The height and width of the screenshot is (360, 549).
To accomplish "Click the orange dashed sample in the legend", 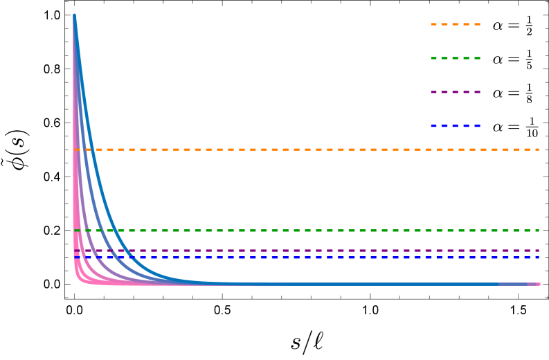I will pos(455,24).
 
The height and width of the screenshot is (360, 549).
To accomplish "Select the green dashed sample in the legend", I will pos(455,58).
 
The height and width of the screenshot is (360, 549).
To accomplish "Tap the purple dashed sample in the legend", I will pos(455,92).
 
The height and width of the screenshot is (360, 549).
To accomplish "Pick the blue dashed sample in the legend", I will pos(455,126).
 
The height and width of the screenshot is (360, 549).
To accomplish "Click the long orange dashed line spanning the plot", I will pos(312,150).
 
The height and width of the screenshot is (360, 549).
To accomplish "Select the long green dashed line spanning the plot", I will pos(312,231).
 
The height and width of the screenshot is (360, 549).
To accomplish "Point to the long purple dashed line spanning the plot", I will pos(312,251).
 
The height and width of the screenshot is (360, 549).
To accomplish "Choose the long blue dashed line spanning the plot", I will pos(312,258).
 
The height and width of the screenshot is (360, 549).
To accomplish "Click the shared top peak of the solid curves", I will pos(74,16).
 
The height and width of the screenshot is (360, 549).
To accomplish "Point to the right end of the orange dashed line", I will pos(538,150).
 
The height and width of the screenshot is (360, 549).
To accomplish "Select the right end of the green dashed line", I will pos(538,231).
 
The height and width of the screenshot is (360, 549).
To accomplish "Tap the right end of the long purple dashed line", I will pos(538,251).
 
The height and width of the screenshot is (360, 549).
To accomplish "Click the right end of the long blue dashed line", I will pos(538,258).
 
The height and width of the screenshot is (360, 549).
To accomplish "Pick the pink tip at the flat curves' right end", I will pos(537,284).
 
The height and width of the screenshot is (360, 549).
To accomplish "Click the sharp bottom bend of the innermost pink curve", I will pos(78,277).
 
